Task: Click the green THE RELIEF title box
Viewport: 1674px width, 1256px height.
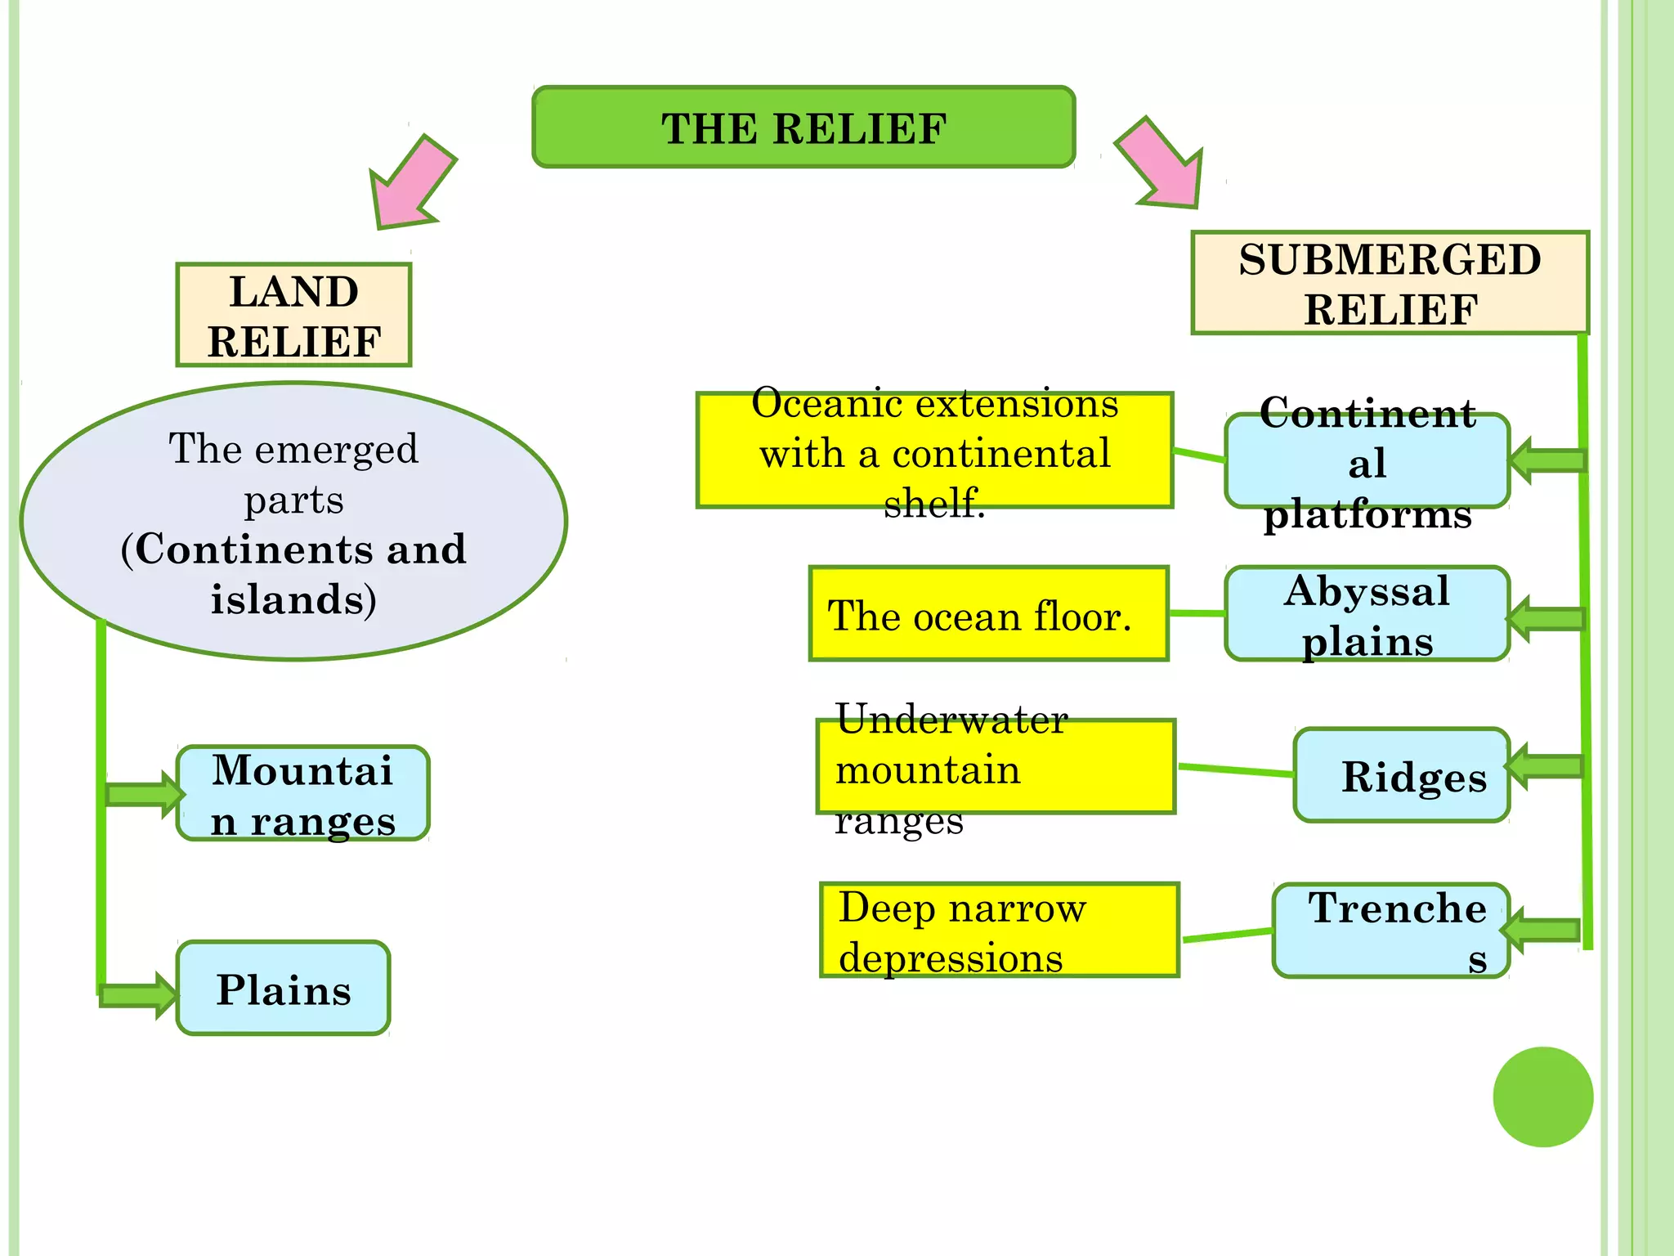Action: click(x=803, y=128)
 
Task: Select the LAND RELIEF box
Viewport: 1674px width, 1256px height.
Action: click(x=293, y=316)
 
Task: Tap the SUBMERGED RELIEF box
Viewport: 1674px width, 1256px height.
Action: click(x=1390, y=283)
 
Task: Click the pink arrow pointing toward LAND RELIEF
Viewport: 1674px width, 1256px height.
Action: click(x=409, y=184)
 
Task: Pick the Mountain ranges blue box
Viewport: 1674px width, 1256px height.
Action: click(x=302, y=793)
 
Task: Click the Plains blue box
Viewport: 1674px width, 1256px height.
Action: click(x=284, y=989)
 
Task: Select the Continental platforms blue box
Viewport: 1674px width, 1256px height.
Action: click(x=1367, y=461)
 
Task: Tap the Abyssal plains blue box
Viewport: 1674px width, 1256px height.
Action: click(x=1367, y=614)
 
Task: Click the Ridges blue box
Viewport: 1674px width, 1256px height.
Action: click(x=1401, y=775)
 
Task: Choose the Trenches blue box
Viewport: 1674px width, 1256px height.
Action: click(x=1390, y=931)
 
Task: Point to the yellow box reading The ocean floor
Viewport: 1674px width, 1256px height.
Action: click(x=988, y=614)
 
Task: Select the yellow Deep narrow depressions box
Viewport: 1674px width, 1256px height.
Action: click(x=999, y=931)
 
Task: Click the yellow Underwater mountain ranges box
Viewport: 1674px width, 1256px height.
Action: click(x=996, y=767)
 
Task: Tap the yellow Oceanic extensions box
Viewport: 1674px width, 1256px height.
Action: click(x=934, y=451)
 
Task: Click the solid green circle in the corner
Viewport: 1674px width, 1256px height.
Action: click(x=1542, y=1097)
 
